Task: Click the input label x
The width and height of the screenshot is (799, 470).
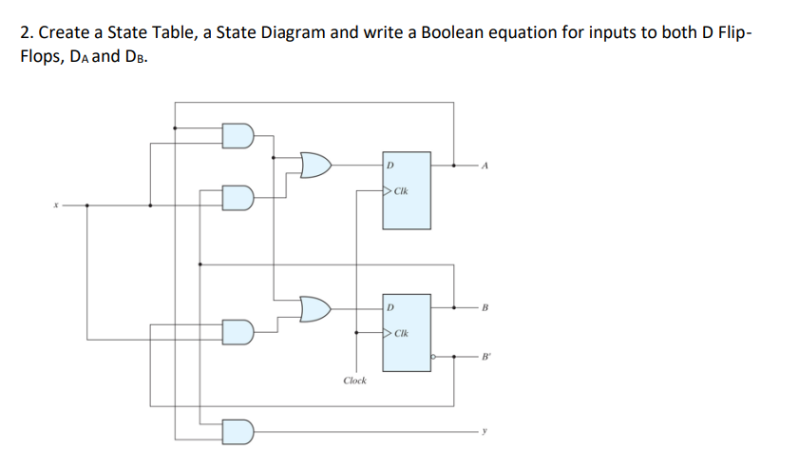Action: coord(56,204)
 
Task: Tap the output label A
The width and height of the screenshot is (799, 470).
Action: coord(485,166)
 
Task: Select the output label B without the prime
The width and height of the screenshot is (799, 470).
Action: coord(485,308)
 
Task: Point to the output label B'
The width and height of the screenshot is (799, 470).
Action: coord(487,357)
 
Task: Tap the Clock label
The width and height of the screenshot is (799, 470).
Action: coord(354,381)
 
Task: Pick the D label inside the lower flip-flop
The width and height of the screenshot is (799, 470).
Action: coord(390,308)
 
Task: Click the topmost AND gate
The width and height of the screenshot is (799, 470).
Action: coord(238,136)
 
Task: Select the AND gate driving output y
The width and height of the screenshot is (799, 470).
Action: coord(238,432)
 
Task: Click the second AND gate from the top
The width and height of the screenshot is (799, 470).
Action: coord(238,197)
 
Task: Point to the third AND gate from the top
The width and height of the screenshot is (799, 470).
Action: coord(238,331)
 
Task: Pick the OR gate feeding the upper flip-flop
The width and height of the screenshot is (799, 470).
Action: coord(314,166)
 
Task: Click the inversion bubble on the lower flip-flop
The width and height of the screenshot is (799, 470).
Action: coord(432,357)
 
